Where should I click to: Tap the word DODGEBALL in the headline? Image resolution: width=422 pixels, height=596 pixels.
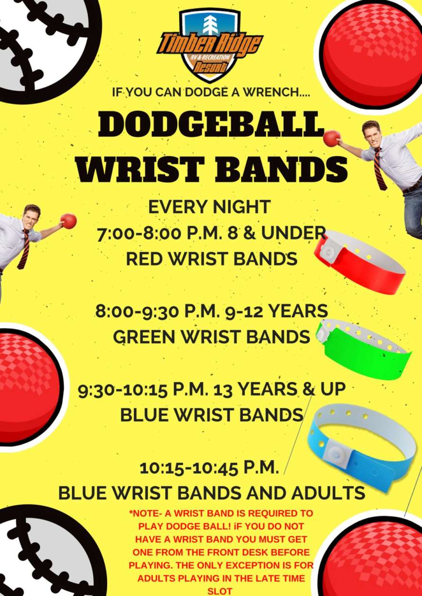coord(210,124)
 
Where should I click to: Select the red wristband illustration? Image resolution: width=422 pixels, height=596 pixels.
coord(359,262)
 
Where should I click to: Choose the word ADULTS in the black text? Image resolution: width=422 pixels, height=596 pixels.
coord(328,493)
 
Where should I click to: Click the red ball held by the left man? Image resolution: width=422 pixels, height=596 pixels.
coord(69,221)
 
